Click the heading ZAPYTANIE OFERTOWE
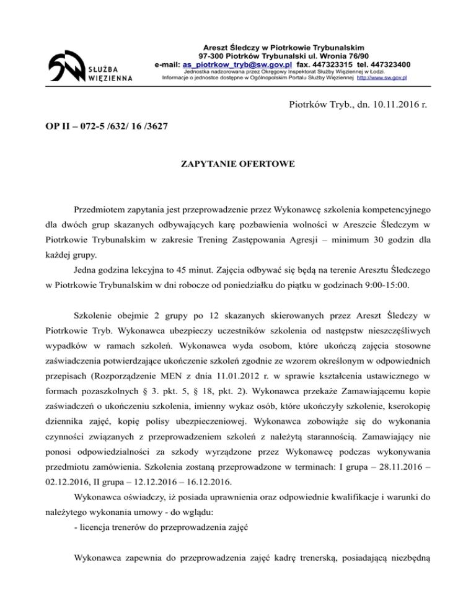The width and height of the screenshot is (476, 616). [x=237, y=165]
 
